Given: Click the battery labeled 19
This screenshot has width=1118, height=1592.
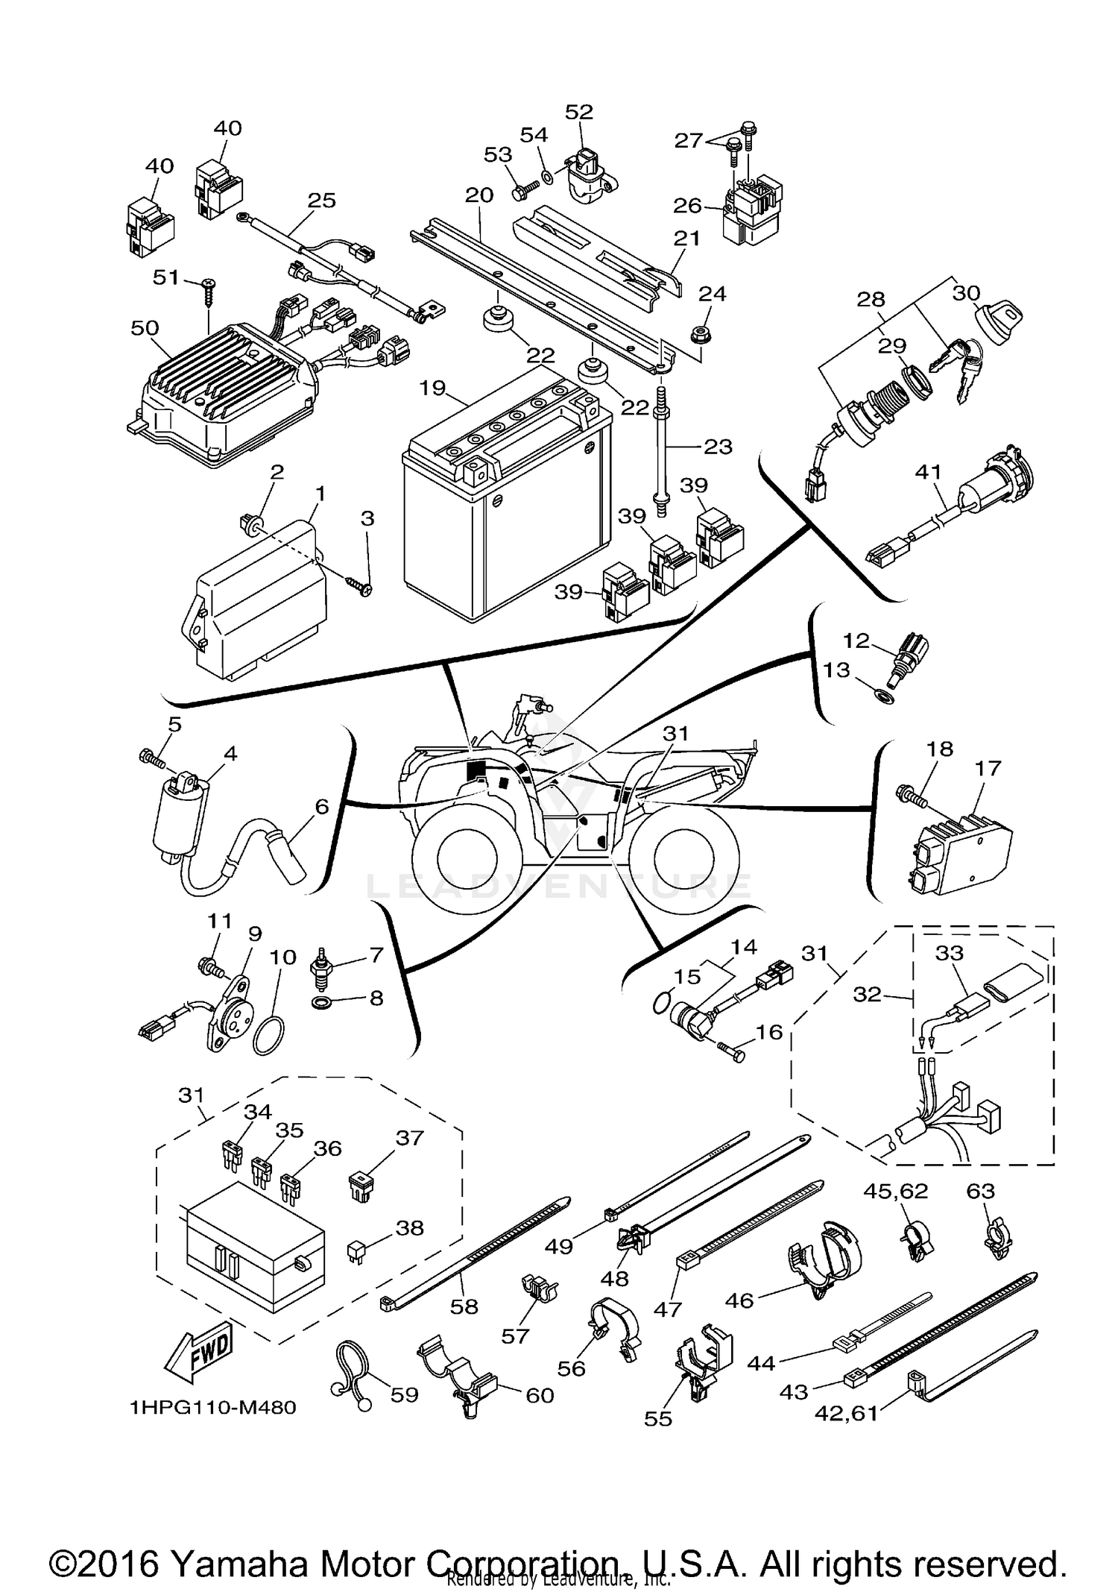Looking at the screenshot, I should (x=507, y=522).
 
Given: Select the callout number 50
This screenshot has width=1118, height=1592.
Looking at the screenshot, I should (x=144, y=328).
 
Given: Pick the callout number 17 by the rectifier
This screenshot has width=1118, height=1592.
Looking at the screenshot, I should (x=988, y=767).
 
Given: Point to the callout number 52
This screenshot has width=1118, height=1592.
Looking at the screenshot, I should (x=579, y=112).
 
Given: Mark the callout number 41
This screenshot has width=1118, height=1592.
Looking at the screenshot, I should (x=929, y=472).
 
